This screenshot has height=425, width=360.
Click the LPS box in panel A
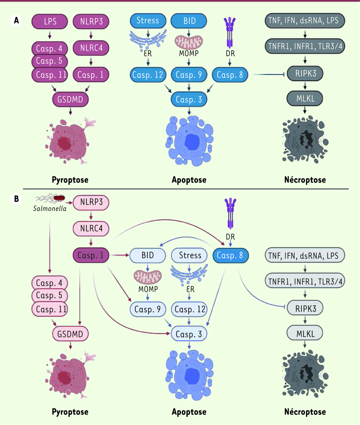click(50, 22)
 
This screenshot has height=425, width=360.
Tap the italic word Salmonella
click(50, 208)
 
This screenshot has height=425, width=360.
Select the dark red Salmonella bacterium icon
click(59, 198)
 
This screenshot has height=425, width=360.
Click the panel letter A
click(16, 20)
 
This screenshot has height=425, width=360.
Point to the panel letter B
click(16, 199)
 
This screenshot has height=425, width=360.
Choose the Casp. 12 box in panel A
click(148, 75)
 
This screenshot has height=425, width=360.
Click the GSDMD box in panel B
click(70, 334)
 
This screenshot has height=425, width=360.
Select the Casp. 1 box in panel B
click(91, 255)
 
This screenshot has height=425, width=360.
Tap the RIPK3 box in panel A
click(305, 73)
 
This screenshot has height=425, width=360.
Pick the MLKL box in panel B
click(305, 334)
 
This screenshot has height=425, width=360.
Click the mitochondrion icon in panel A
click(189, 42)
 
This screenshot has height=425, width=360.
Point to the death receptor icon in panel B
click(230, 213)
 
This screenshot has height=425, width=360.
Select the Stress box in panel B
click(189, 255)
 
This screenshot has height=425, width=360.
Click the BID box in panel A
click(189, 21)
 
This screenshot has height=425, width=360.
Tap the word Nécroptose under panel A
click(305, 180)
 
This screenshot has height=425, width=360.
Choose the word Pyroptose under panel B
click(70, 412)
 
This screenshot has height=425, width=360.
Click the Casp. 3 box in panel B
click(189, 334)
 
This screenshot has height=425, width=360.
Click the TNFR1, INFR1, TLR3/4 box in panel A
click(305, 46)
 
